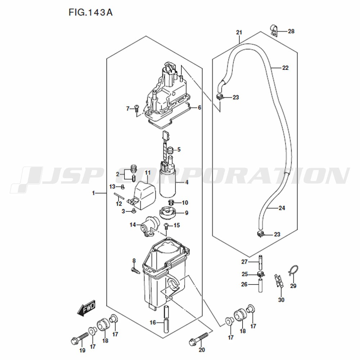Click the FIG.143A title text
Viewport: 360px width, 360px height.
[x=90, y=12]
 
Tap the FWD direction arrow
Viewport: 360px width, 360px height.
[x=86, y=307]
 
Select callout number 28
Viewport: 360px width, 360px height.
[x=291, y=31]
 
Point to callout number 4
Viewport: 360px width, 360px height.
[x=186, y=182]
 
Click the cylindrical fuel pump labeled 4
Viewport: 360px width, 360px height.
[x=168, y=179]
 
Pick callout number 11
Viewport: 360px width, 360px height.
[x=147, y=172]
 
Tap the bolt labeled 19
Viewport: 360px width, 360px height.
[x=80, y=338]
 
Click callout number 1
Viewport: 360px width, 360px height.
[x=94, y=193]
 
